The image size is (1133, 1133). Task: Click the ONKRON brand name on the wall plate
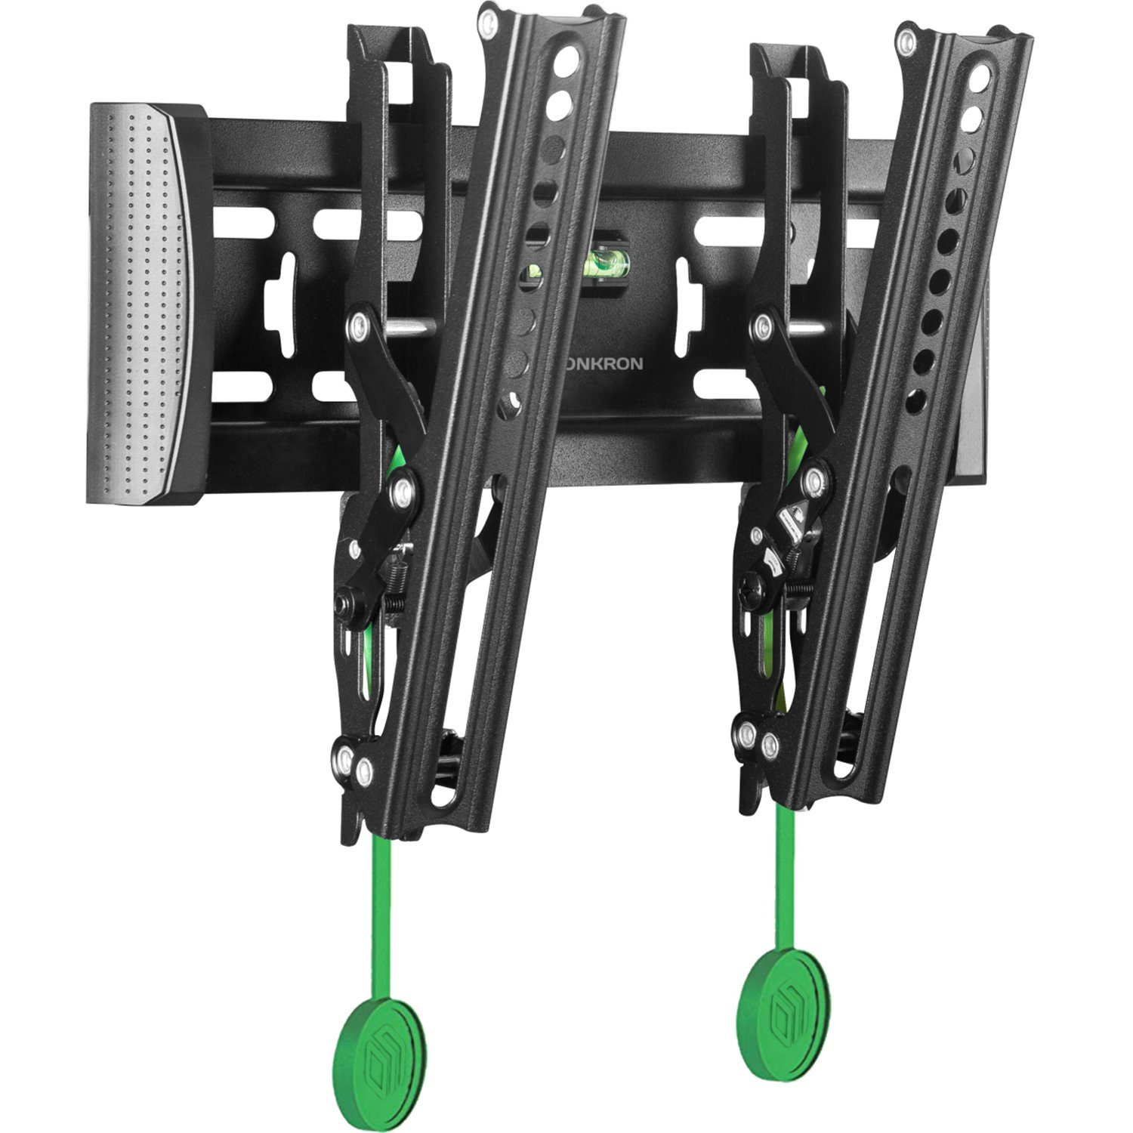pyautogui.click(x=604, y=364)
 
